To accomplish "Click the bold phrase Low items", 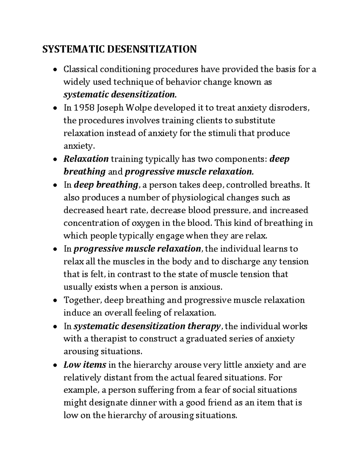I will click(85, 365).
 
